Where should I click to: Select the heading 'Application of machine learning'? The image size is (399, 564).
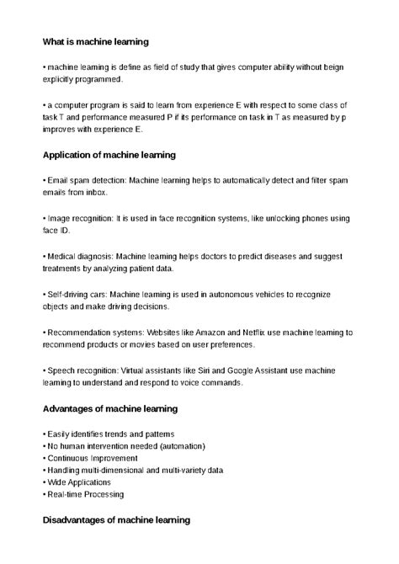coord(109,155)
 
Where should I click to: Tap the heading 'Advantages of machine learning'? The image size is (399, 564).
coord(109,408)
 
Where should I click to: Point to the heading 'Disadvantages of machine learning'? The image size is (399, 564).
coord(116,521)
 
